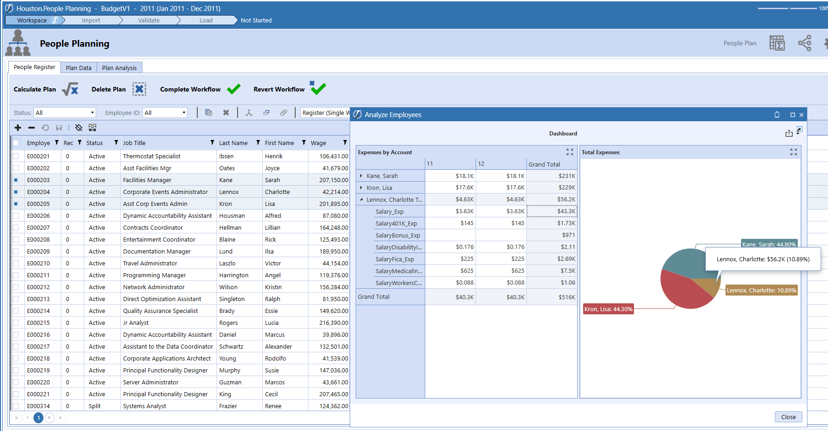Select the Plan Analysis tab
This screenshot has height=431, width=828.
click(x=119, y=68)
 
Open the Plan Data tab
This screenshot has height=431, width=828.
click(x=78, y=68)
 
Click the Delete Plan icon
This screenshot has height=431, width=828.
click(x=139, y=89)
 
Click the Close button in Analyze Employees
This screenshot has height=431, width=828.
click(x=788, y=417)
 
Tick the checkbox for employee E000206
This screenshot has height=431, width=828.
click(x=16, y=215)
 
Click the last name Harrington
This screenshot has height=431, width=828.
click(x=233, y=275)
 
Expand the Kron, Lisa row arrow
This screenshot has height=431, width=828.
click(x=361, y=188)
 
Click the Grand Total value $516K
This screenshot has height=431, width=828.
click(x=567, y=297)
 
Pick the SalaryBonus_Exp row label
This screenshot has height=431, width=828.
click(x=397, y=235)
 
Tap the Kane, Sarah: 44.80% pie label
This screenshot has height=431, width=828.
click(x=769, y=244)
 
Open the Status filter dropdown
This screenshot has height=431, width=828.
click(x=92, y=113)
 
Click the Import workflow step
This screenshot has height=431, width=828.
click(x=91, y=20)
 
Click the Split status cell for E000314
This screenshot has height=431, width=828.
click(x=95, y=406)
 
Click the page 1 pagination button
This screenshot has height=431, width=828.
click(x=38, y=417)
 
